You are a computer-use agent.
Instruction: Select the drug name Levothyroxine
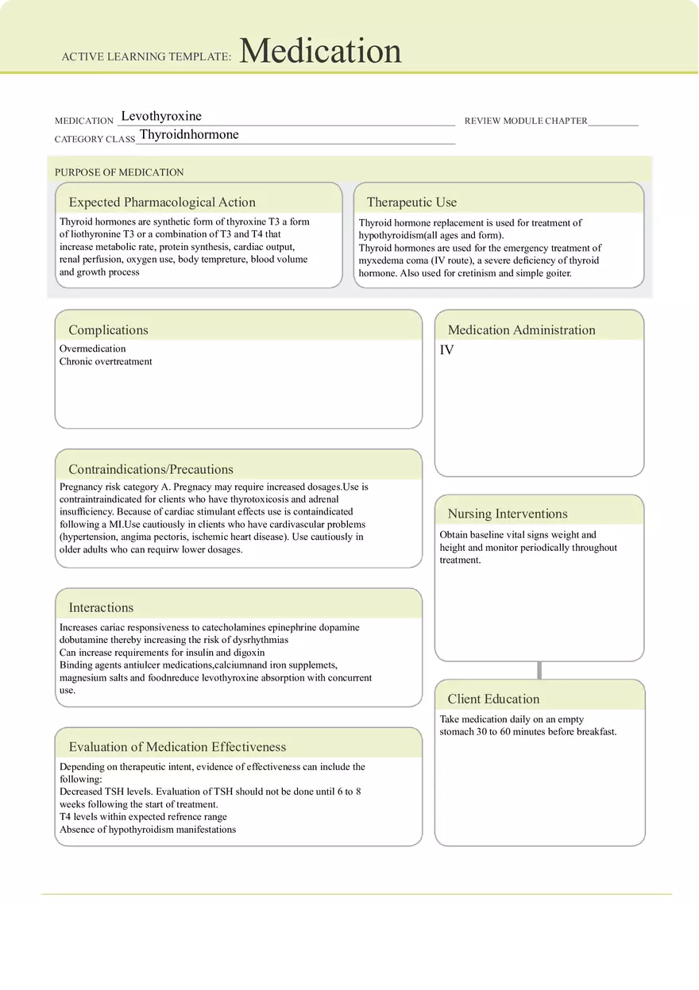pos(161,117)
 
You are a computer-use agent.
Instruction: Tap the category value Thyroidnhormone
pos(189,135)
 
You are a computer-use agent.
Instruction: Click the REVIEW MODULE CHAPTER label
pos(526,121)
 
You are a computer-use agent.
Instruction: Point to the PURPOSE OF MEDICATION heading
pos(119,172)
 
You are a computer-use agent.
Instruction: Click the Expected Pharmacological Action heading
pos(162,202)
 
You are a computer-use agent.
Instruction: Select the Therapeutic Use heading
pos(411,202)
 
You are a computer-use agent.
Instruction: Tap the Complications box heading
pos(108,330)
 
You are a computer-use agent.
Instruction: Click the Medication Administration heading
pos(521,330)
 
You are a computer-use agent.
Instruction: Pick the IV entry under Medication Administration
pos(447,350)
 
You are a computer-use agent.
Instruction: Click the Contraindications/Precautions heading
pos(151,469)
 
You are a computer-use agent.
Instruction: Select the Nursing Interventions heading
pos(508,514)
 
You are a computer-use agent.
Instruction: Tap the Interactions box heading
pos(101,608)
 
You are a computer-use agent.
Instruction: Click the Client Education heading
pos(493,699)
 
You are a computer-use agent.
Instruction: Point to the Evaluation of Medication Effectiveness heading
pos(177,747)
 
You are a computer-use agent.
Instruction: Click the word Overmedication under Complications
pos(92,349)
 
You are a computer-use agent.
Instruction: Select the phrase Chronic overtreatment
pos(106,361)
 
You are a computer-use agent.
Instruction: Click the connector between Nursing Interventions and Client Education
pos(540,670)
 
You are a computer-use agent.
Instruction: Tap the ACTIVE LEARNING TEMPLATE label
pos(146,57)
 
